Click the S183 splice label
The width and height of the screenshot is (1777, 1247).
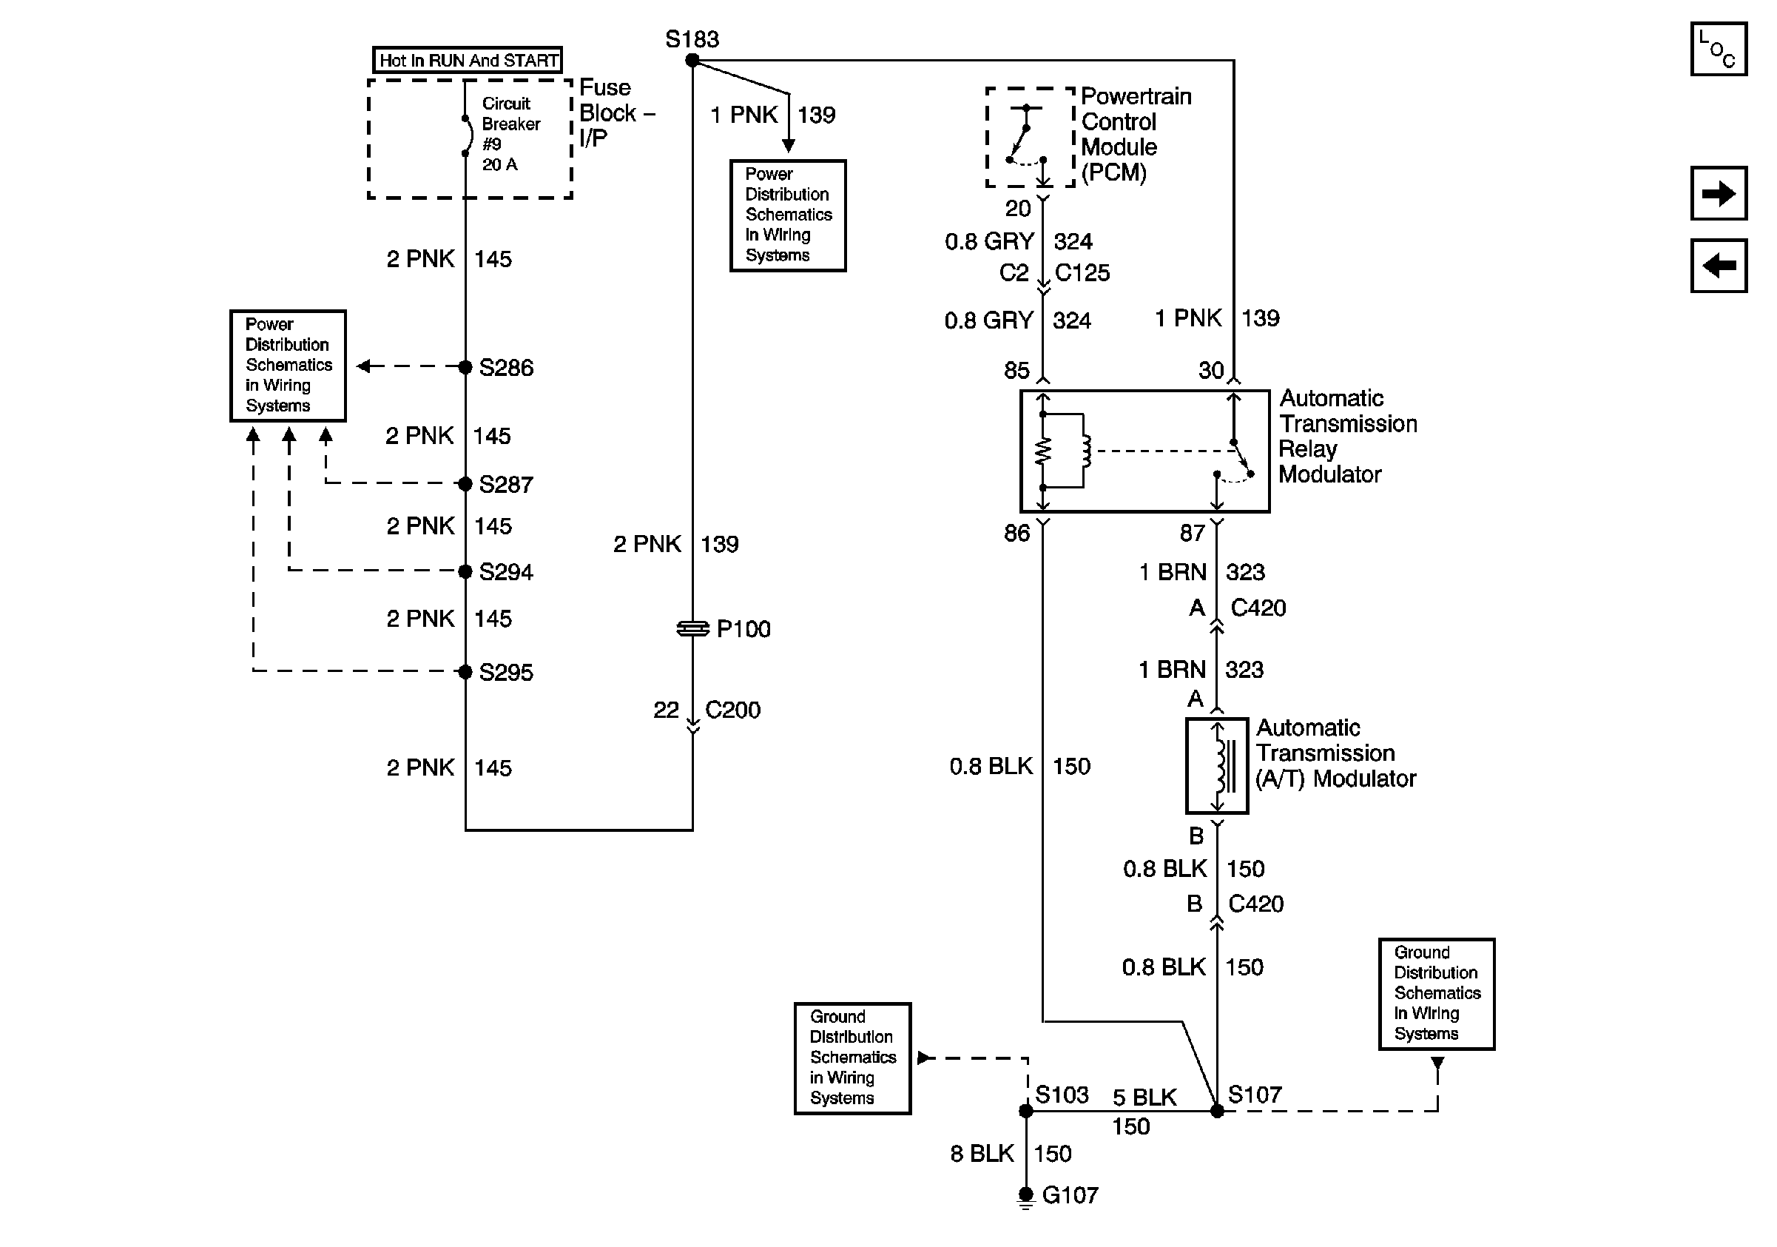pyautogui.click(x=691, y=38)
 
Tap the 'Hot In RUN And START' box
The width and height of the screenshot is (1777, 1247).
pyautogui.click(x=468, y=61)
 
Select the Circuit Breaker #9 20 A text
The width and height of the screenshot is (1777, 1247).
pyautogui.click(x=510, y=134)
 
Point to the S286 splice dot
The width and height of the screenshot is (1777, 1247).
pyautogui.click(x=465, y=367)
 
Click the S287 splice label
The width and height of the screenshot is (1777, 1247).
pyautogui.click(x=505, y=485)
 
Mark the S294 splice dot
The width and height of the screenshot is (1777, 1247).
pyautogui.click(x=465, y=572)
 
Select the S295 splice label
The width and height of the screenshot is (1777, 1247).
pyautogui.click(x=505, y=672)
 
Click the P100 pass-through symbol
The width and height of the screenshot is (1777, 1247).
pyautogui.click(x=692, y=628)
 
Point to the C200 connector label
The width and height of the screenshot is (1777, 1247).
pyautogui.click(x=732, y=710)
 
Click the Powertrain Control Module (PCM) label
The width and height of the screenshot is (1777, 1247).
pyautogui.click(x=1136, y=134)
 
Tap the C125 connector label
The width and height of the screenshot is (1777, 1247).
pyautogui.click(x=1082, y=272)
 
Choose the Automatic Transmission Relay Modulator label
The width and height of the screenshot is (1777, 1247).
pyautogui.click(x=1346, y=436)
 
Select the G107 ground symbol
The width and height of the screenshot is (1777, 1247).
pyautogui.click(x=1025, y=1197)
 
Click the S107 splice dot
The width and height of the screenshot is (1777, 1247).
pyautogui.click(x=1217, y=1112)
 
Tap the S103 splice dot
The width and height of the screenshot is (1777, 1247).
pyautogui.click(x=1025, y=1112)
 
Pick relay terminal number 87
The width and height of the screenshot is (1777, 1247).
pyautogui.click(x=1192, y=533)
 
